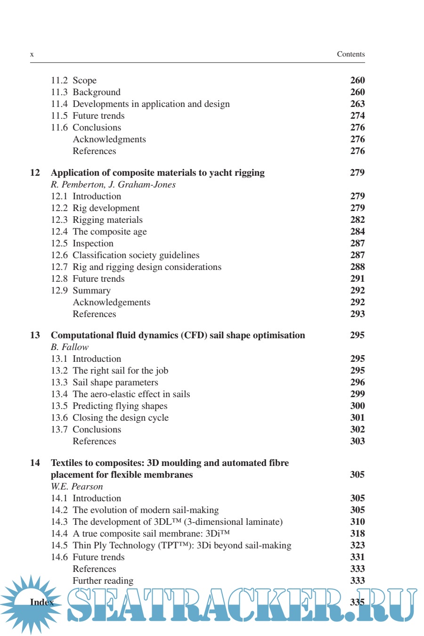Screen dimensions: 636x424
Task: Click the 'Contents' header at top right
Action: coord(351,54)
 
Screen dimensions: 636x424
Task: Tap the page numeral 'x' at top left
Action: coord(32,55)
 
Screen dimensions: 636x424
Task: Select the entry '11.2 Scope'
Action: coord(74,81)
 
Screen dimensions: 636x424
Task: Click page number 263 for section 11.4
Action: coord(357,104)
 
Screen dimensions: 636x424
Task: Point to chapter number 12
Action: coord(35,173)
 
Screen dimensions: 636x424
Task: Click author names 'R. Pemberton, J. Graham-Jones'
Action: coord(113,185)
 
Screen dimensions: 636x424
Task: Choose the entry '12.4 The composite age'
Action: coord(99,232)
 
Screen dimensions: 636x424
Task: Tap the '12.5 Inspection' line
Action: coord(82,244)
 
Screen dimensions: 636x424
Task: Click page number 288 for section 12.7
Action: coord(357,267)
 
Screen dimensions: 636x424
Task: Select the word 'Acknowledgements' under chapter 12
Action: coord(112,302)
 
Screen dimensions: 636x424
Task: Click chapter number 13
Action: coord(35,335)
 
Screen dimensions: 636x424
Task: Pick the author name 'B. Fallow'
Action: coord(70,347)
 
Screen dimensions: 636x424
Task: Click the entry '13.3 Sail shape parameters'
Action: coord(105,383)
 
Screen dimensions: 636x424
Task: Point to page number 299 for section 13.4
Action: coord(357,394)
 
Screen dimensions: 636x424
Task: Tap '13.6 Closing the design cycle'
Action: coord(110,418)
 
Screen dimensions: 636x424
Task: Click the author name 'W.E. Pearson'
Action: coord(77,487)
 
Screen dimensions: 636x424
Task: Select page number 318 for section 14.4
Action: coord(357,534)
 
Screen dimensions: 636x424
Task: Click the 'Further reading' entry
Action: coord(103,581)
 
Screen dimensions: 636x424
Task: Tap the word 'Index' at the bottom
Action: coord(41,603)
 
